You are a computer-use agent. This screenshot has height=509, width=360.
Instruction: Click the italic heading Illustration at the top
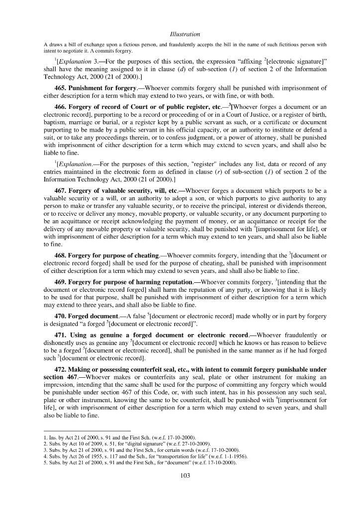coord(184,34)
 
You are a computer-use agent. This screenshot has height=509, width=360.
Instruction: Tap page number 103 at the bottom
coord(184,476)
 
